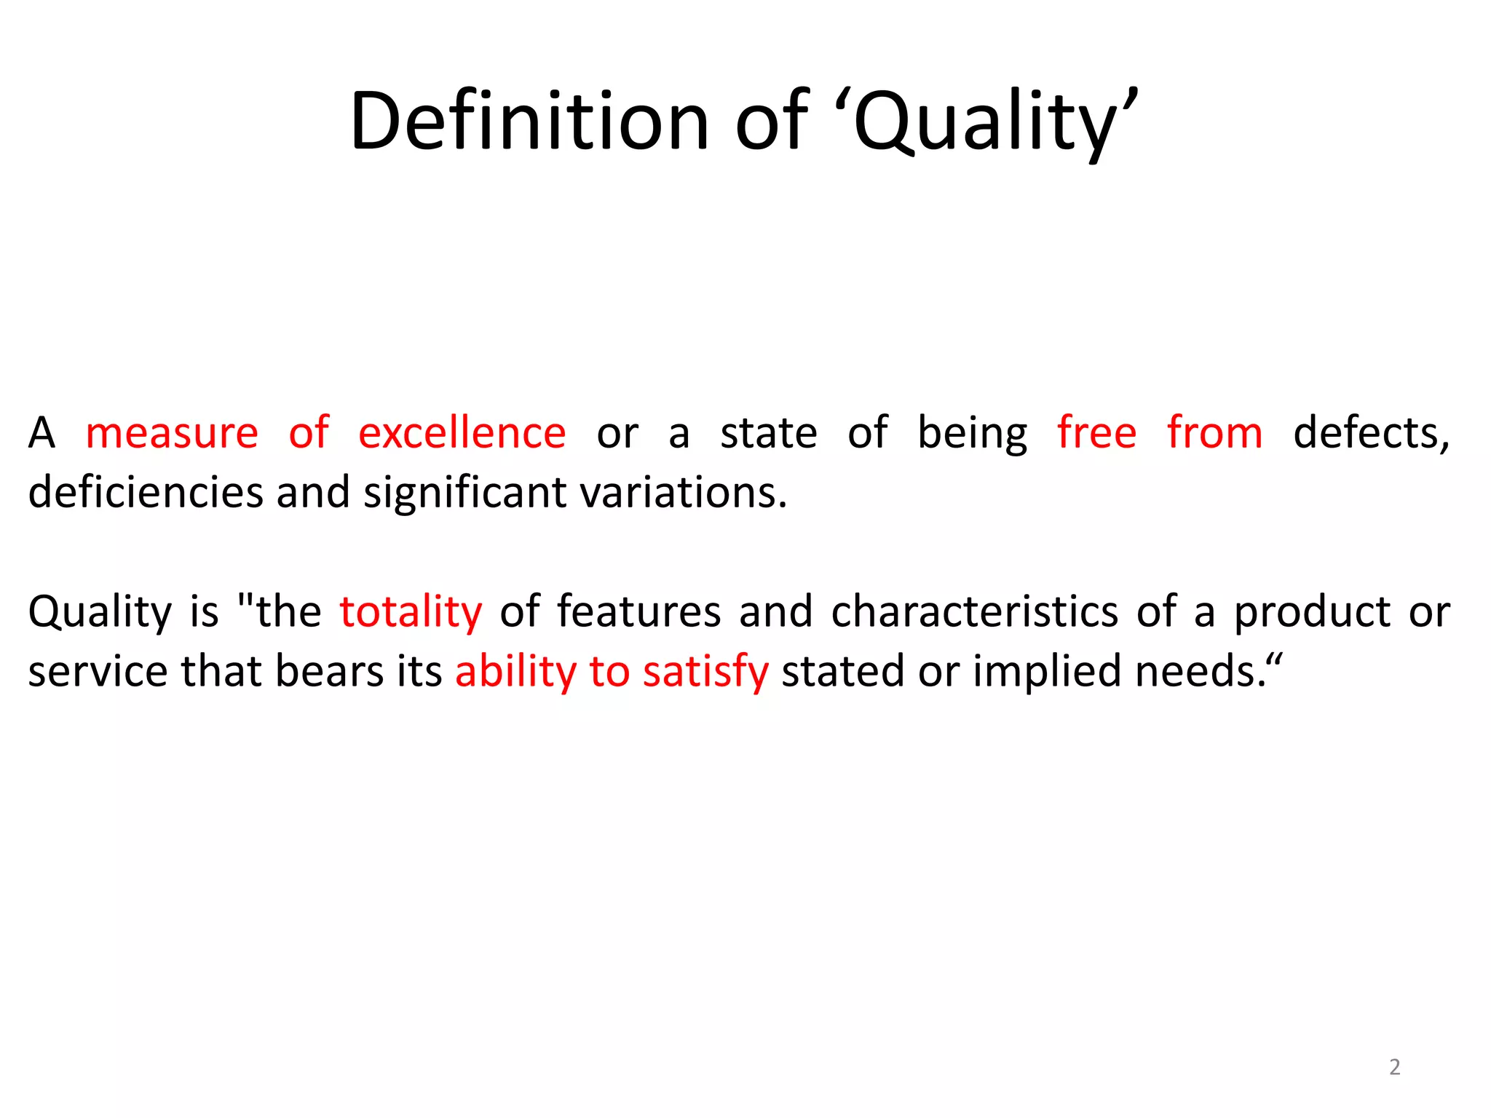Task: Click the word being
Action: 972,435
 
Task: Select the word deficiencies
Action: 146,492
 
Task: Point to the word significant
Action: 464,493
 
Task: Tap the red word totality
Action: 411,611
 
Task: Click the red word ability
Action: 515,671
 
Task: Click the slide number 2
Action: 1394,1066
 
